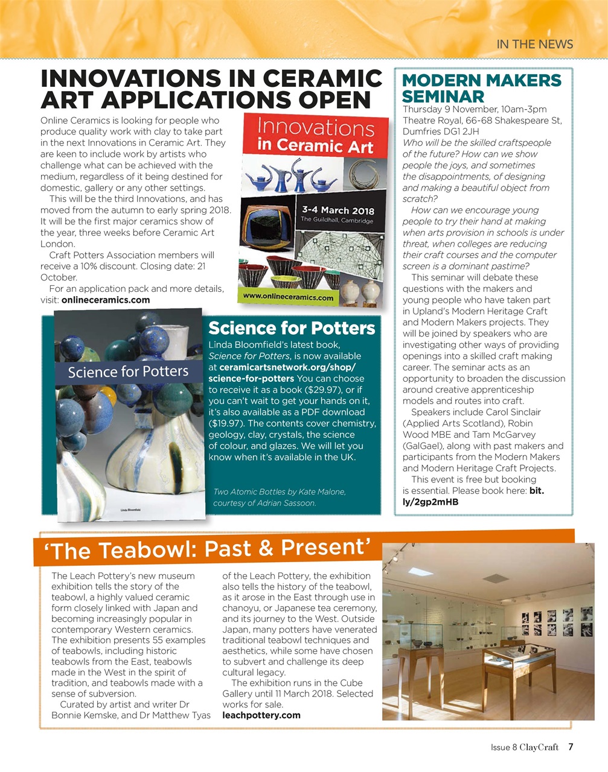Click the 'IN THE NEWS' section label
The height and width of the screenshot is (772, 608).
(534, 43)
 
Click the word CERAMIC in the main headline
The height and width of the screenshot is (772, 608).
(321, 78)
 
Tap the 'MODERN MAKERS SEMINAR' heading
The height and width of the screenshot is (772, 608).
(481, 88)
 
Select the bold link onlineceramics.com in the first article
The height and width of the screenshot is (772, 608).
(106, 300)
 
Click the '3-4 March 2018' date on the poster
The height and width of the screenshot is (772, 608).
(338, 210)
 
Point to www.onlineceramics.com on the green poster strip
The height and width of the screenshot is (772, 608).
(288, 297)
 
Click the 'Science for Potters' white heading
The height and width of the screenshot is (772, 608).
(292, 328)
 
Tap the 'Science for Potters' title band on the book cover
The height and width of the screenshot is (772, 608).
(128, 372)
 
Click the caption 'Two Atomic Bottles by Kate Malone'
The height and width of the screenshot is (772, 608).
(280, 492)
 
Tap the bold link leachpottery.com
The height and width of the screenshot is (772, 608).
(261, 715)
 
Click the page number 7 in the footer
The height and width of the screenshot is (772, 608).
(571, 747)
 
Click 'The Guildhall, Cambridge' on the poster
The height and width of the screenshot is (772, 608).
(337, 221)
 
